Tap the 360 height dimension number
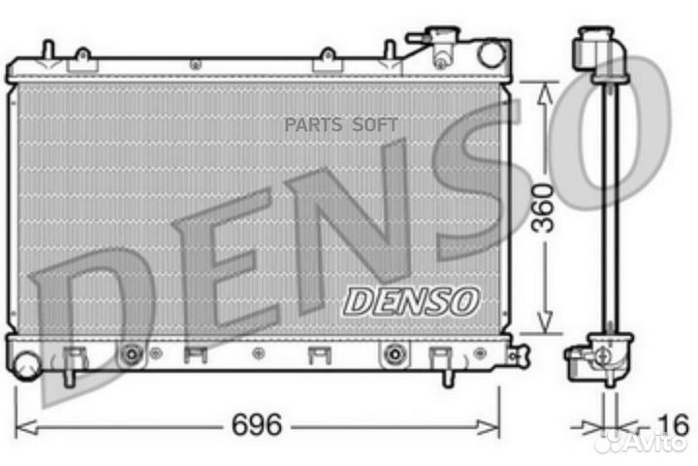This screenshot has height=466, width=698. click(544, 208)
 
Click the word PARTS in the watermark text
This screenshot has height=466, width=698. click(313, 125)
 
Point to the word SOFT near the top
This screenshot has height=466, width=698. click(375, 125)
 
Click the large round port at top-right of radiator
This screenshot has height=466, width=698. click(492, 54)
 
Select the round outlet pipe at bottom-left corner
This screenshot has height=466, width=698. click(26, 366)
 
